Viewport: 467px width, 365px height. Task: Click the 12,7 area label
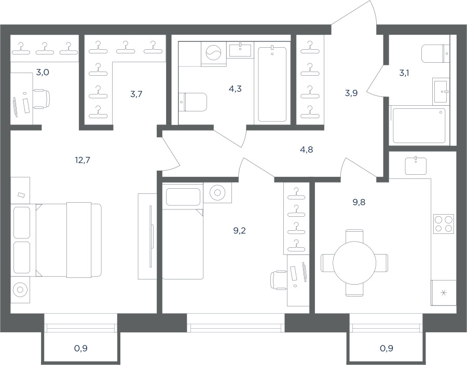point(83,160)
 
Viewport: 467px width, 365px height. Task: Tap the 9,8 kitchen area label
point(359,202)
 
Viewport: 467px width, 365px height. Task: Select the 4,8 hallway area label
point(307,149)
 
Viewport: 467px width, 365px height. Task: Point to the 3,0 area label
point(43,72)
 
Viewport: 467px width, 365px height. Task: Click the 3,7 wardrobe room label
point(136,94)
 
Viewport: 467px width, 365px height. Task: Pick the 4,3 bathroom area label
point(235,89)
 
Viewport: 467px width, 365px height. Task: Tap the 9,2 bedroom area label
point(239,231)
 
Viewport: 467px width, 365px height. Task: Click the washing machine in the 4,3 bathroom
point(214,54)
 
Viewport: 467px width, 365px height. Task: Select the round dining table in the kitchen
point(354,263)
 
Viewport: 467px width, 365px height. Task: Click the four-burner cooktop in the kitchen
point(444,223)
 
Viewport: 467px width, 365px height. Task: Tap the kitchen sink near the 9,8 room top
point(416,165)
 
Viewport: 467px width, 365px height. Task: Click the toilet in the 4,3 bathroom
point(193,102)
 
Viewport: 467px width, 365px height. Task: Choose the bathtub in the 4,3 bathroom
point(272,84)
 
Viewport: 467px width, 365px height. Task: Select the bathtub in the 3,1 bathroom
point(419,126)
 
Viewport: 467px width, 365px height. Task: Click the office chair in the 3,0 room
point(41,99)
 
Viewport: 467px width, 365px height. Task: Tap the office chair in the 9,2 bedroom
point(279,280)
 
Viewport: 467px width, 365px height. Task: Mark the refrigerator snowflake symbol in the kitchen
point(444,293)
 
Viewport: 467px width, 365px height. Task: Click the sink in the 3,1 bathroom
point(441,92)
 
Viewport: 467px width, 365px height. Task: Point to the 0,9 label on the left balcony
point(81,348)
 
